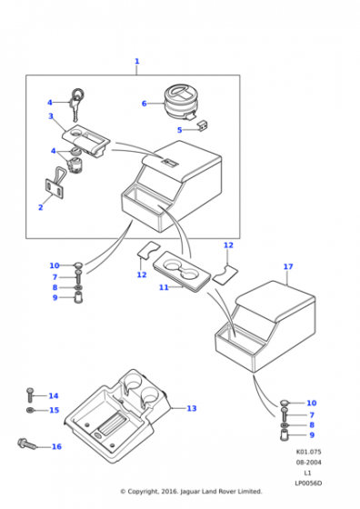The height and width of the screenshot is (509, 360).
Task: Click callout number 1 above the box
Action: [136, 61]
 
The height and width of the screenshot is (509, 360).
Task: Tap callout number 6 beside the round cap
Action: [145, 104]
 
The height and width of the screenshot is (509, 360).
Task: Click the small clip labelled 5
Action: [203, 125]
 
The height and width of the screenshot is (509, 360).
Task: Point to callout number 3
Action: [51, 116]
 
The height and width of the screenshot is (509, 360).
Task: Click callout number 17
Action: [288, 266]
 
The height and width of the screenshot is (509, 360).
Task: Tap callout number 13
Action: [192, 408]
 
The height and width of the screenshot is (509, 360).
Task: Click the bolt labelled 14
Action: [30, 394]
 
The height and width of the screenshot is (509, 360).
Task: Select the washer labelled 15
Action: [29, 411]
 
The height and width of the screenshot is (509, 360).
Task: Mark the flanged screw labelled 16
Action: [26, 444]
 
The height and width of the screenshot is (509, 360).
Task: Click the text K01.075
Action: [308, 452]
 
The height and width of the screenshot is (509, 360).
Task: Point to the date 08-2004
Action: [308, 463]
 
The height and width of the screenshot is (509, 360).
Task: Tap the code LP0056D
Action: [308, 484]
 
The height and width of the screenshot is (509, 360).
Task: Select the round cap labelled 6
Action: [181, 102]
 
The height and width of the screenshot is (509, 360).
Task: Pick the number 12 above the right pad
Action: [228, 245]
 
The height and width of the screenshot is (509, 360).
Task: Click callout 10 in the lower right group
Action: [311, 403]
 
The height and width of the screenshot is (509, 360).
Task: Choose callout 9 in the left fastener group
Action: [55, 297]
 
